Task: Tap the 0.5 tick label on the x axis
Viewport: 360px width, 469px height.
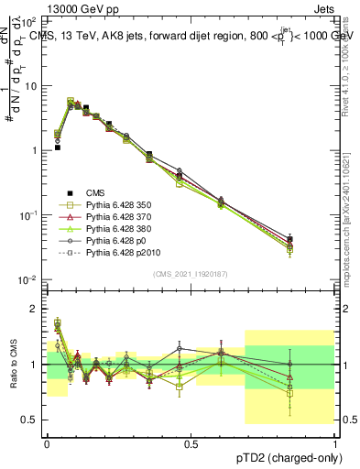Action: tap(191, 444)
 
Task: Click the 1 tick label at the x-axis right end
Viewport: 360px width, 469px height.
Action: tap(334, 444)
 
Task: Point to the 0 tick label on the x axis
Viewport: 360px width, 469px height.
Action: tap(47, 444)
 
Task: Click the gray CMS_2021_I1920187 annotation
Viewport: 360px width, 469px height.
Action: tap(190, 273)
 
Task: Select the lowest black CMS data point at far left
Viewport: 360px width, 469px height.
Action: tap(57, 147)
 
